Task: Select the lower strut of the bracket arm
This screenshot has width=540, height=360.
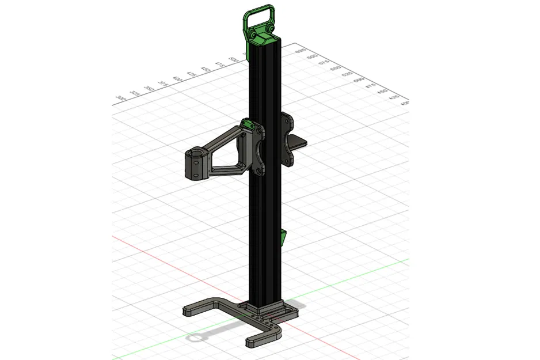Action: pos(227,169)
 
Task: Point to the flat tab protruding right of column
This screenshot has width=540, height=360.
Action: pos(302,142)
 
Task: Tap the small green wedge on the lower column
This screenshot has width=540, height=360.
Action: pos(283,237)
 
